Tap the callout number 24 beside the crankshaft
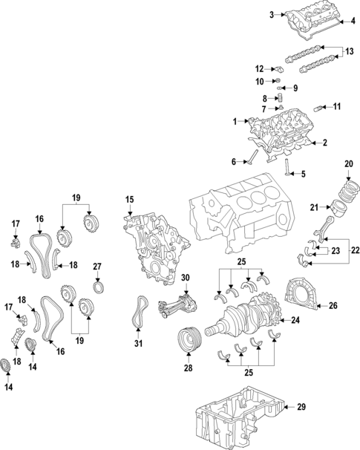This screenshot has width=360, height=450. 295,321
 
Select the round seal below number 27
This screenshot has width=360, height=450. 97,286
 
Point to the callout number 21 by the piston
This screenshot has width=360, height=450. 315,207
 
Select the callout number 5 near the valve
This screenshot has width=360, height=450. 302,175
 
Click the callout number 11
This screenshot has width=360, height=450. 336,107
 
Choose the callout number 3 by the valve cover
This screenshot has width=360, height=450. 272,14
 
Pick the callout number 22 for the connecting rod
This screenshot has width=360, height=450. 355,250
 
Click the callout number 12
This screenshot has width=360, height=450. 260,68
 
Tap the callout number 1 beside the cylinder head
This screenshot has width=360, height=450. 235,121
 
